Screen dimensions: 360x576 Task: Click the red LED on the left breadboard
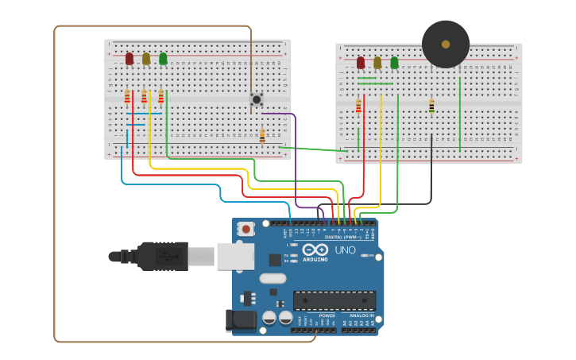(x=130, y=58)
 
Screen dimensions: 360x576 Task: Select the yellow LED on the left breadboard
(x=146, y=58)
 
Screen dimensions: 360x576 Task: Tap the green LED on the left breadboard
(x=163, y=58)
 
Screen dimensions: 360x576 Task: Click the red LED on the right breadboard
(x=361, y=62)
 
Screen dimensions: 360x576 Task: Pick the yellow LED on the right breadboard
(x=377, y=62)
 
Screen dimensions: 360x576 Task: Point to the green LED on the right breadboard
(x=394, y=62)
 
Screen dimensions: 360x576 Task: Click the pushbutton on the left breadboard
(x=257, y=99)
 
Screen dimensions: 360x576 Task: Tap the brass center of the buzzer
(x=446, y=45)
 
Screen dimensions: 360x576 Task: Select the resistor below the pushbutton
(x=262, y=136)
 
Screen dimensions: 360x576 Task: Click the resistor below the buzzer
(x=431, y=106)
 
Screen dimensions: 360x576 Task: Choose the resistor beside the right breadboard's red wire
(x=358, y=106)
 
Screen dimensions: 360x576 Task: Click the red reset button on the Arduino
(x=246, y=229)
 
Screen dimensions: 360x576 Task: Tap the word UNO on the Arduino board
(x=346, y=250)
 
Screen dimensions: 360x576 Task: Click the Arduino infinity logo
(x=315, y=250)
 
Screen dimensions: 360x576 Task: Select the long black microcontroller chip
(x=334, y=300)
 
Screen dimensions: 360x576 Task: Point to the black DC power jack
(x=240, y=320)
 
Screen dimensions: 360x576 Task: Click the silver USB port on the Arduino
(x=235, y=256)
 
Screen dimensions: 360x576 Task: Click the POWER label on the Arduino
(x=327, y=315)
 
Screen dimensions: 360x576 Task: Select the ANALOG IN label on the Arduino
(x=361, y=315)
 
